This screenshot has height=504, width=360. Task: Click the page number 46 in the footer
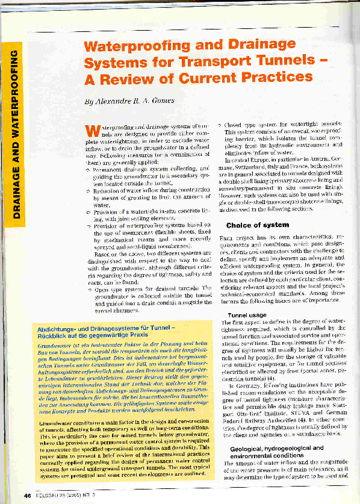click(x=27, y=495)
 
